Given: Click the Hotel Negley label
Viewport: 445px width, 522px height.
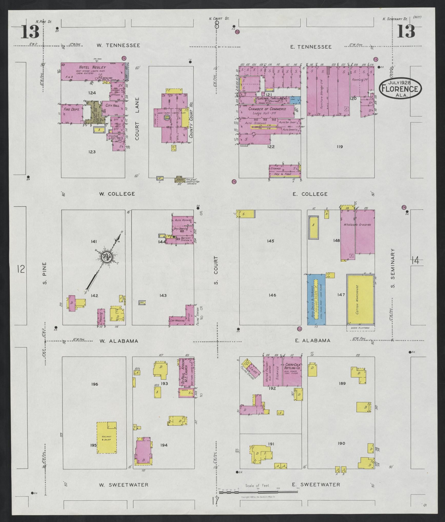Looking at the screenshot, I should pyautogui.click(x=96, y=67).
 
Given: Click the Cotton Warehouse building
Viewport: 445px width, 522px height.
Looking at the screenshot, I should pyautogui.click(x=360, y=299).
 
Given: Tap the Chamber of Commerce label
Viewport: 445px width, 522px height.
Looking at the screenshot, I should pyautogui.click(x=267, y=109).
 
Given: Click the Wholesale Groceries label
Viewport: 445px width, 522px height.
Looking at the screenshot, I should pyautogui.click(x=357, y=225).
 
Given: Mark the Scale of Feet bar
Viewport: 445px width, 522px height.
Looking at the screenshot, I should pyautogui.click(x=258, y=492).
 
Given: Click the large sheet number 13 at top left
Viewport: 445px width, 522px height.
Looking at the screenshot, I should pyautogui.click(x=30, y=32).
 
